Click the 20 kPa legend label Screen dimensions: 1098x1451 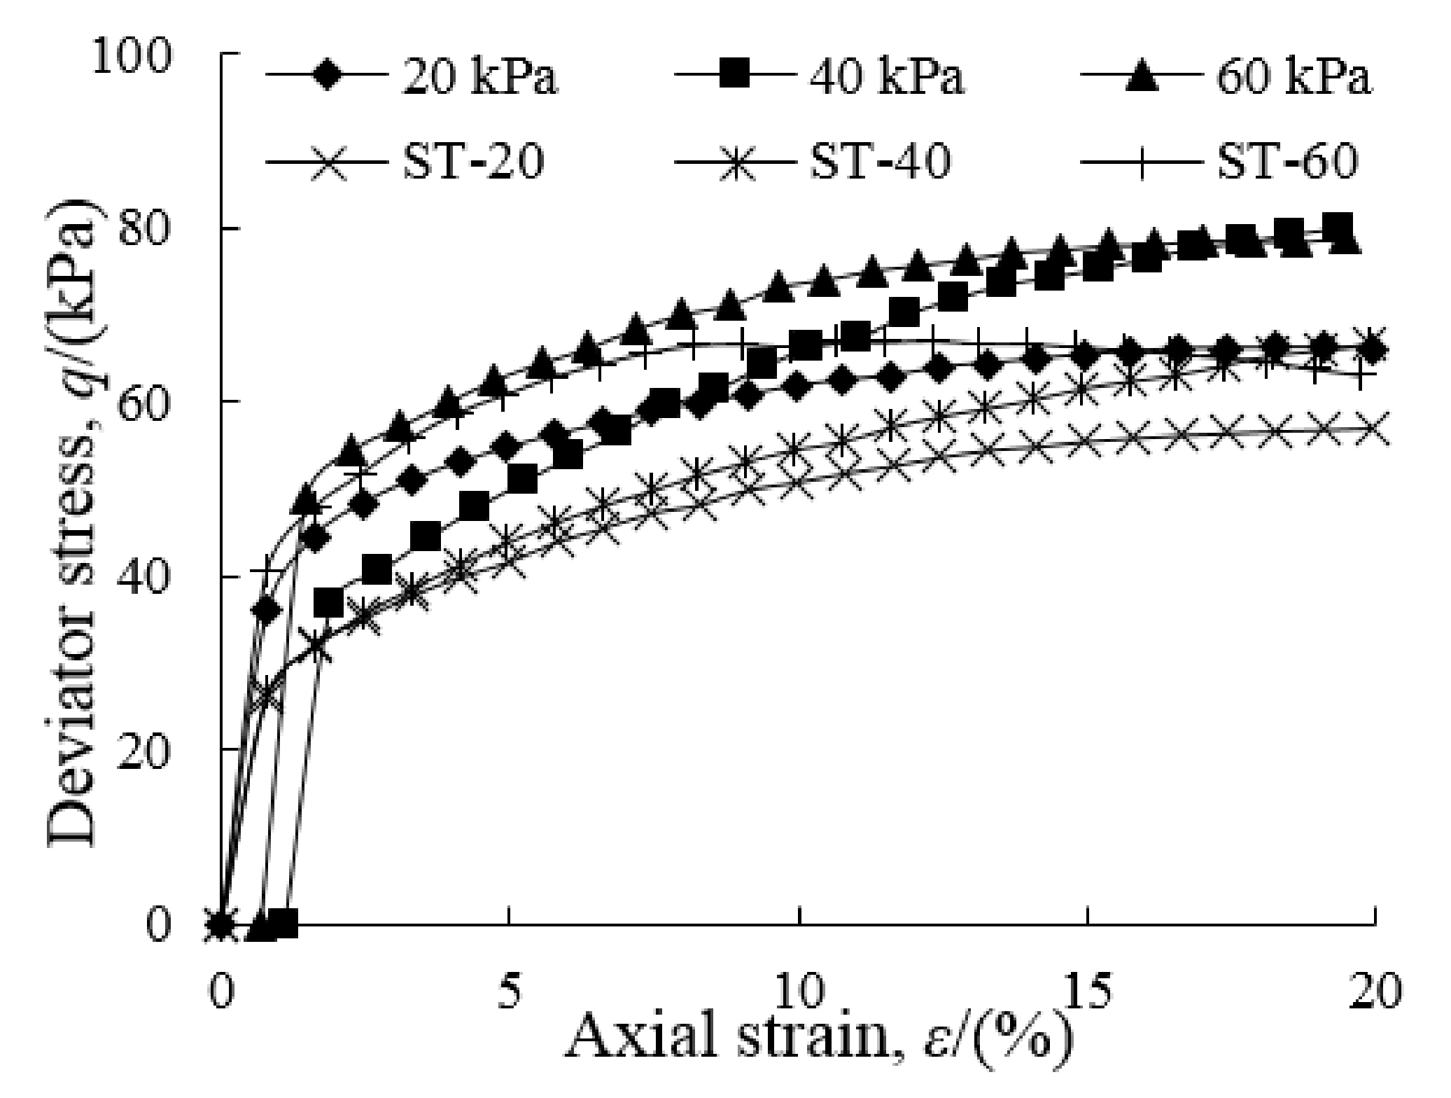click(479, 77)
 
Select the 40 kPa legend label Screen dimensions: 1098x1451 click(887, 77)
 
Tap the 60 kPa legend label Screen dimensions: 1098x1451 click(1294, 77)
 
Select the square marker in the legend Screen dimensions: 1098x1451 click(736, 74)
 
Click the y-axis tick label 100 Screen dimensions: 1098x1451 click(133, 55)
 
